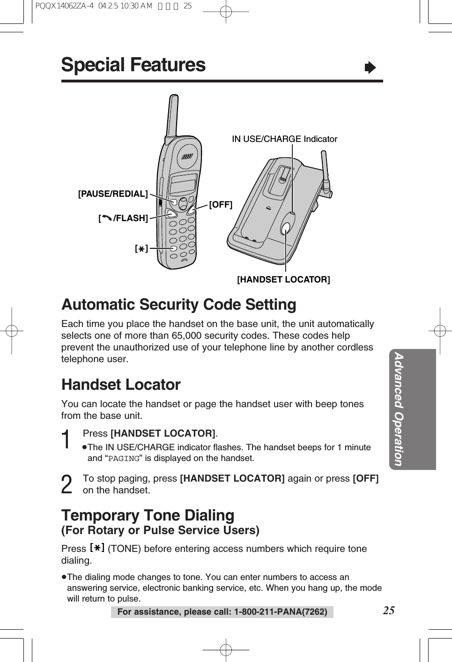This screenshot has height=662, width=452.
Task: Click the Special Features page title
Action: pyautogui.click(x=133, y=65)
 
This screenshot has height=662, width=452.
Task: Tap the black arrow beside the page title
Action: pyautogui.click(x=370, y=68)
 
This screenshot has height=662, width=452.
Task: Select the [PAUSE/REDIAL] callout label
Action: pyautogui.click(x=113, y=194)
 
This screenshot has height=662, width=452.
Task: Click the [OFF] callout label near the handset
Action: pyautogui.click(x=221, y=205)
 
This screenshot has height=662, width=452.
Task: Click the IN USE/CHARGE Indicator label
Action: pyautogui.click(x=284, y=139)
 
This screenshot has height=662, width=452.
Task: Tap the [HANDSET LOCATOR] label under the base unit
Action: pyautogui.click(x=283, y=280)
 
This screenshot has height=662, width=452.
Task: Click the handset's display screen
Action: pyautogui.click(x=183, y=184)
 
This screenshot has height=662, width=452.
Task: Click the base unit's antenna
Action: pyautogui.click(x=325, y=171)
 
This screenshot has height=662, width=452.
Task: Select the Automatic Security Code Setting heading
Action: pyautogui.click(x=178, y=305)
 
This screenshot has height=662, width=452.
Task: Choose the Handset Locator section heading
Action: pyautogui.click(x=121, y=385)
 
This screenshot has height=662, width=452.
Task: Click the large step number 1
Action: pyautogui.click(x=68, y=440)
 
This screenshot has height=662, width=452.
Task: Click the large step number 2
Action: pyautogui.click(x=67, y=484)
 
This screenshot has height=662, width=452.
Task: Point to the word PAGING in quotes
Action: pyautogui.click(x=124, y=459)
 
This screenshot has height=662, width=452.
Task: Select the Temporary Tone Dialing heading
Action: pyautogui.click(x=148, y=515)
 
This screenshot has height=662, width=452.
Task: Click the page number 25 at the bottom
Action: pyautogui.click(x=389, y=610)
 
